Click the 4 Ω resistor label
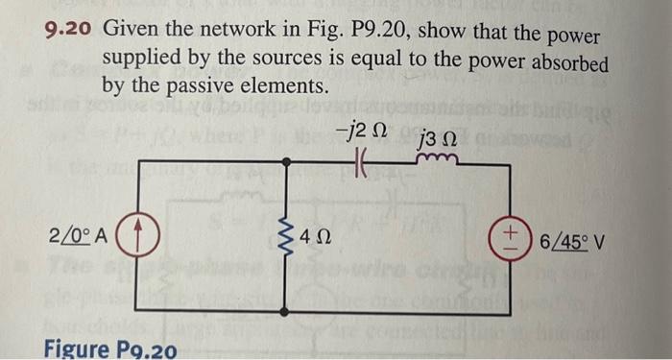(316, 237)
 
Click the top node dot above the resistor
(288, 164)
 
